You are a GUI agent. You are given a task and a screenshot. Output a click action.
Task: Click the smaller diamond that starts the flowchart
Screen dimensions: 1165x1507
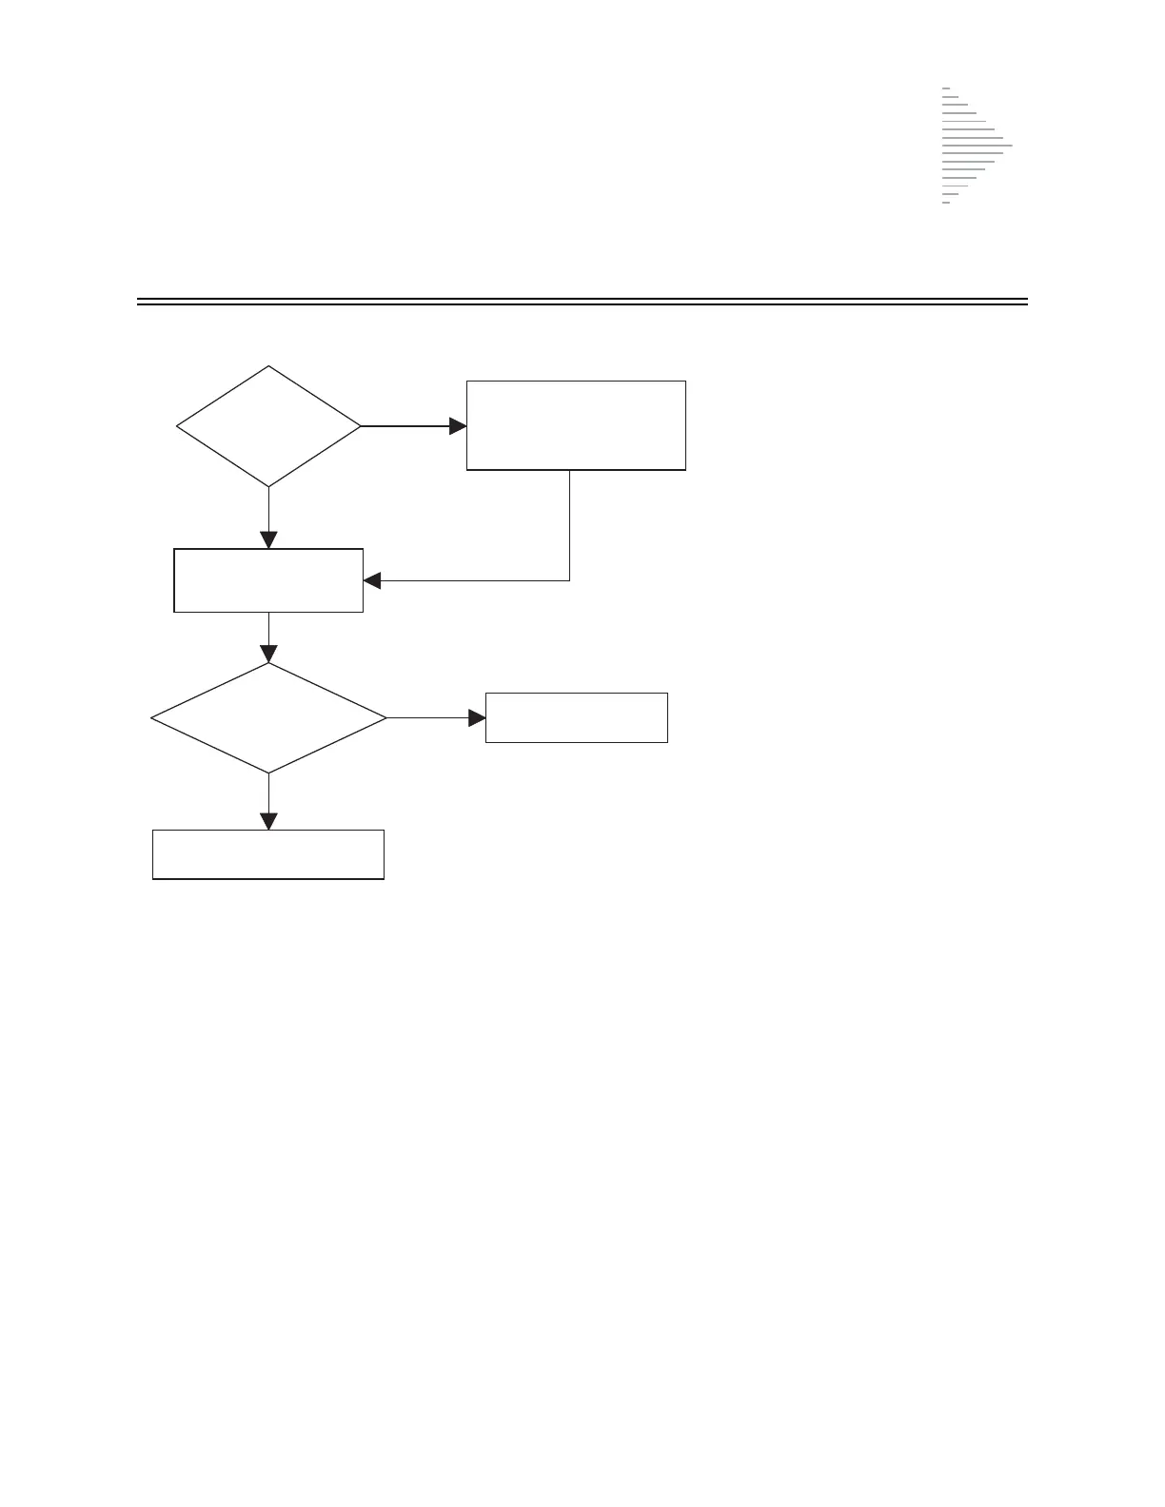[x=268, y=426]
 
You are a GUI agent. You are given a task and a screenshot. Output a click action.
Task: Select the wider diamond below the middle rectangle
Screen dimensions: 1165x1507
[x=268, y=717]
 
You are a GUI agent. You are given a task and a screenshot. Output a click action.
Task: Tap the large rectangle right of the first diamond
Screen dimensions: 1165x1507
[x=576, y=425]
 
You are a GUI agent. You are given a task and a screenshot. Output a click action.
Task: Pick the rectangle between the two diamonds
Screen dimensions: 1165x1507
[x=268, y=580]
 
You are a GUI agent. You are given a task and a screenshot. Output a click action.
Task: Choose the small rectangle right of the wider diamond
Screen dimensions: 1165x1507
[x=576, y=717]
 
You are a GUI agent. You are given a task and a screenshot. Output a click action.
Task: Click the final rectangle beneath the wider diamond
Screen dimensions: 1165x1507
[x=268, y=854]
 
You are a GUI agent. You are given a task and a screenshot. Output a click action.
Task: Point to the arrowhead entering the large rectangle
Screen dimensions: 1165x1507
[x=458, y=426]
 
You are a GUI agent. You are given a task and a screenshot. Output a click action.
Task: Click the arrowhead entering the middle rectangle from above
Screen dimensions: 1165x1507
[x=268, y=539]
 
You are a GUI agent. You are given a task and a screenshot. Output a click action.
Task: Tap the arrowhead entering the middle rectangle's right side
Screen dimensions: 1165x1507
[x=373, y=580]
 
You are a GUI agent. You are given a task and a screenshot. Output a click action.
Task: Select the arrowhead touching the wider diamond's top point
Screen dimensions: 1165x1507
[x=268, y=654]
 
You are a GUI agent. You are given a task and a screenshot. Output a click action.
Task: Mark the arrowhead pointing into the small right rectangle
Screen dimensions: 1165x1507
[x=477, y=717]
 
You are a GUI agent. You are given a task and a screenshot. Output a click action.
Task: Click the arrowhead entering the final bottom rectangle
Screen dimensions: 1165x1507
[x=268, y=821]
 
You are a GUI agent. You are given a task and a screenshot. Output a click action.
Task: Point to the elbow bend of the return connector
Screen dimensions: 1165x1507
[x=569, y=580]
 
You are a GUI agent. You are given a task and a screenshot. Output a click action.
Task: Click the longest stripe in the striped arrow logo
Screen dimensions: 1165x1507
[x=977, y=146]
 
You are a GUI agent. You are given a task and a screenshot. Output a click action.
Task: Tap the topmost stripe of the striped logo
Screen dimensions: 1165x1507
[x=946, y=88]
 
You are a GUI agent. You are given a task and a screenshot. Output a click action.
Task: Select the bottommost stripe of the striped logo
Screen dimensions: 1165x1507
[x=946, y=203]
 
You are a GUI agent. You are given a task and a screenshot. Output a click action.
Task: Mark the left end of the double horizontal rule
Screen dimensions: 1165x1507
[x=138, y=303]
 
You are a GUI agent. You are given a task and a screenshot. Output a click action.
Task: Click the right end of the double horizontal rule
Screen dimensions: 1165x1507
[x=1027, y=303]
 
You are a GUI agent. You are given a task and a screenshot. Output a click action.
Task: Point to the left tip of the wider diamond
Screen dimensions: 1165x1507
[x=152, y=717]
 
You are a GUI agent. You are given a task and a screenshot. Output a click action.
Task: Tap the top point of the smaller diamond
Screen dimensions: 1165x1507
[x=268, y=366]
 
